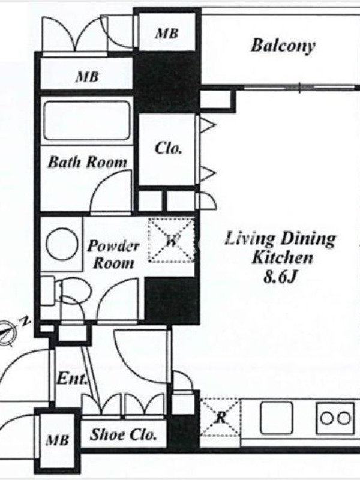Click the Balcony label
pos(283,46)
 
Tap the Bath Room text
pos(87,162)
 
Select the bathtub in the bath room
pos(87,121)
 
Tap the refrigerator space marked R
pos(220,417)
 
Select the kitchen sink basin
pos(277,418)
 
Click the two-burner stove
pos(336,418)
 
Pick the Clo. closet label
pos(169,148)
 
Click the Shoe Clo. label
pos(123,434)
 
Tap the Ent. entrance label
pos(71,379)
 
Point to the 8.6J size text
pos(280,277)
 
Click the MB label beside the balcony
pos(167,33)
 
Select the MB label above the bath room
pos(87,77)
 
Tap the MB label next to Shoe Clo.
pos(57,440)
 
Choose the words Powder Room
pos(113,254)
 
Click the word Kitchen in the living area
pos(282,258)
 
